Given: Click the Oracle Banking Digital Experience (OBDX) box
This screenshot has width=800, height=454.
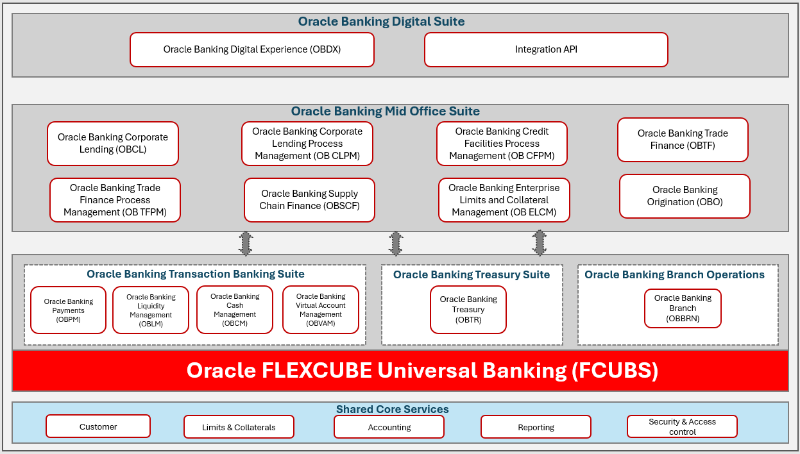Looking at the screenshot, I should coord(251,50).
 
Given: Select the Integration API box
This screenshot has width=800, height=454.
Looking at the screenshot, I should coord(546,50).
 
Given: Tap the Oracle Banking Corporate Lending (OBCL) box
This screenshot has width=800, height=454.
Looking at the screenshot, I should coord(113,144).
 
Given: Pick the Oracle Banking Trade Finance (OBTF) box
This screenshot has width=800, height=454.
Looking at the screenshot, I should coord(683,140).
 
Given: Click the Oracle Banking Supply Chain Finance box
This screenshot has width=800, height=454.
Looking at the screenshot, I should coord(309,200).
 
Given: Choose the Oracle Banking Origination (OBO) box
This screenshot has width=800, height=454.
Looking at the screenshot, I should coord(685,196).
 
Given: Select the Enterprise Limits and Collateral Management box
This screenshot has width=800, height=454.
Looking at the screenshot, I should coord(504,200).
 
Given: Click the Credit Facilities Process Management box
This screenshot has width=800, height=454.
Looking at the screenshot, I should coord(502,144).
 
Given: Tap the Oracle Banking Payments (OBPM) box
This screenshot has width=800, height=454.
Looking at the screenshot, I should coord(68,310).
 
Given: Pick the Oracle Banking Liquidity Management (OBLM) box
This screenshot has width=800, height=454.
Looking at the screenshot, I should coord(151,310).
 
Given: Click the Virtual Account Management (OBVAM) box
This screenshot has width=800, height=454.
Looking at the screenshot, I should coord(320,310).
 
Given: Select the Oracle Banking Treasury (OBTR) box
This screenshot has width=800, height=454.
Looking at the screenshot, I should coord(468,310).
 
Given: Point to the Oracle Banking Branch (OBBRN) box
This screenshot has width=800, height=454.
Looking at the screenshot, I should coord(683,308).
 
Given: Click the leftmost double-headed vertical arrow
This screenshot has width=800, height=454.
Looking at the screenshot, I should coord(246,244).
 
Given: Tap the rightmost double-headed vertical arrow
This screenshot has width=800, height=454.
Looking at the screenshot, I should coord(540,244).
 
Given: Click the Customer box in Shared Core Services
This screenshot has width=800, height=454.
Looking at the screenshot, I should coord(98,426).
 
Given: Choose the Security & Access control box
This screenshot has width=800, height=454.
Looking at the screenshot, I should coord(682,426).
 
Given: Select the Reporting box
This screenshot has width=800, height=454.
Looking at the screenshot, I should coord(536,427).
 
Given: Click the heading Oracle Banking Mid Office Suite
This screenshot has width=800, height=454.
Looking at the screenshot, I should coord(385,112).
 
